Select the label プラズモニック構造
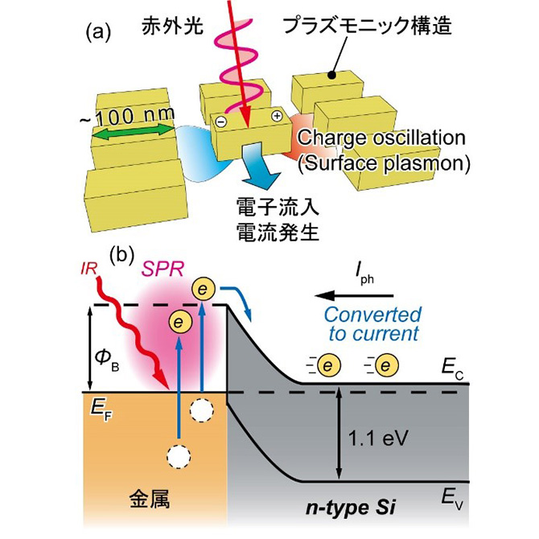[364, 27]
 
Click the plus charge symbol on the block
[276, 116]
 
